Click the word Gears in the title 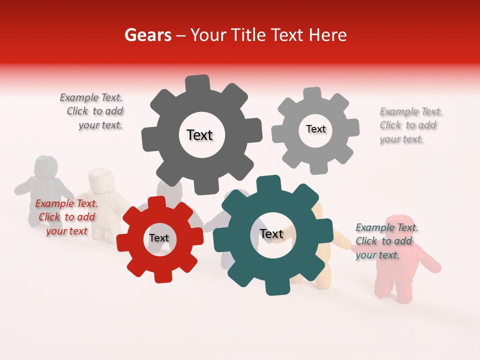[x=147, y=35]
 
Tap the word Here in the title [x=327, y=35]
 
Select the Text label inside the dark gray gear [x=199, y=135]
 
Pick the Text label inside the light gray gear [x=315, y=129]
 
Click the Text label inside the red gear [x=159, y=238]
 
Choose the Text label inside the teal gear [x=271, y=233]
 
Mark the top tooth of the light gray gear [x=312, y=93]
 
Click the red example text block [x=67, y=217]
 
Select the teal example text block [x=386, y=241]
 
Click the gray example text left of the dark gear [x=92, y=111]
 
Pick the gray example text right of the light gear [x=410, y=125]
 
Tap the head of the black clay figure [x=46, y=166]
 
